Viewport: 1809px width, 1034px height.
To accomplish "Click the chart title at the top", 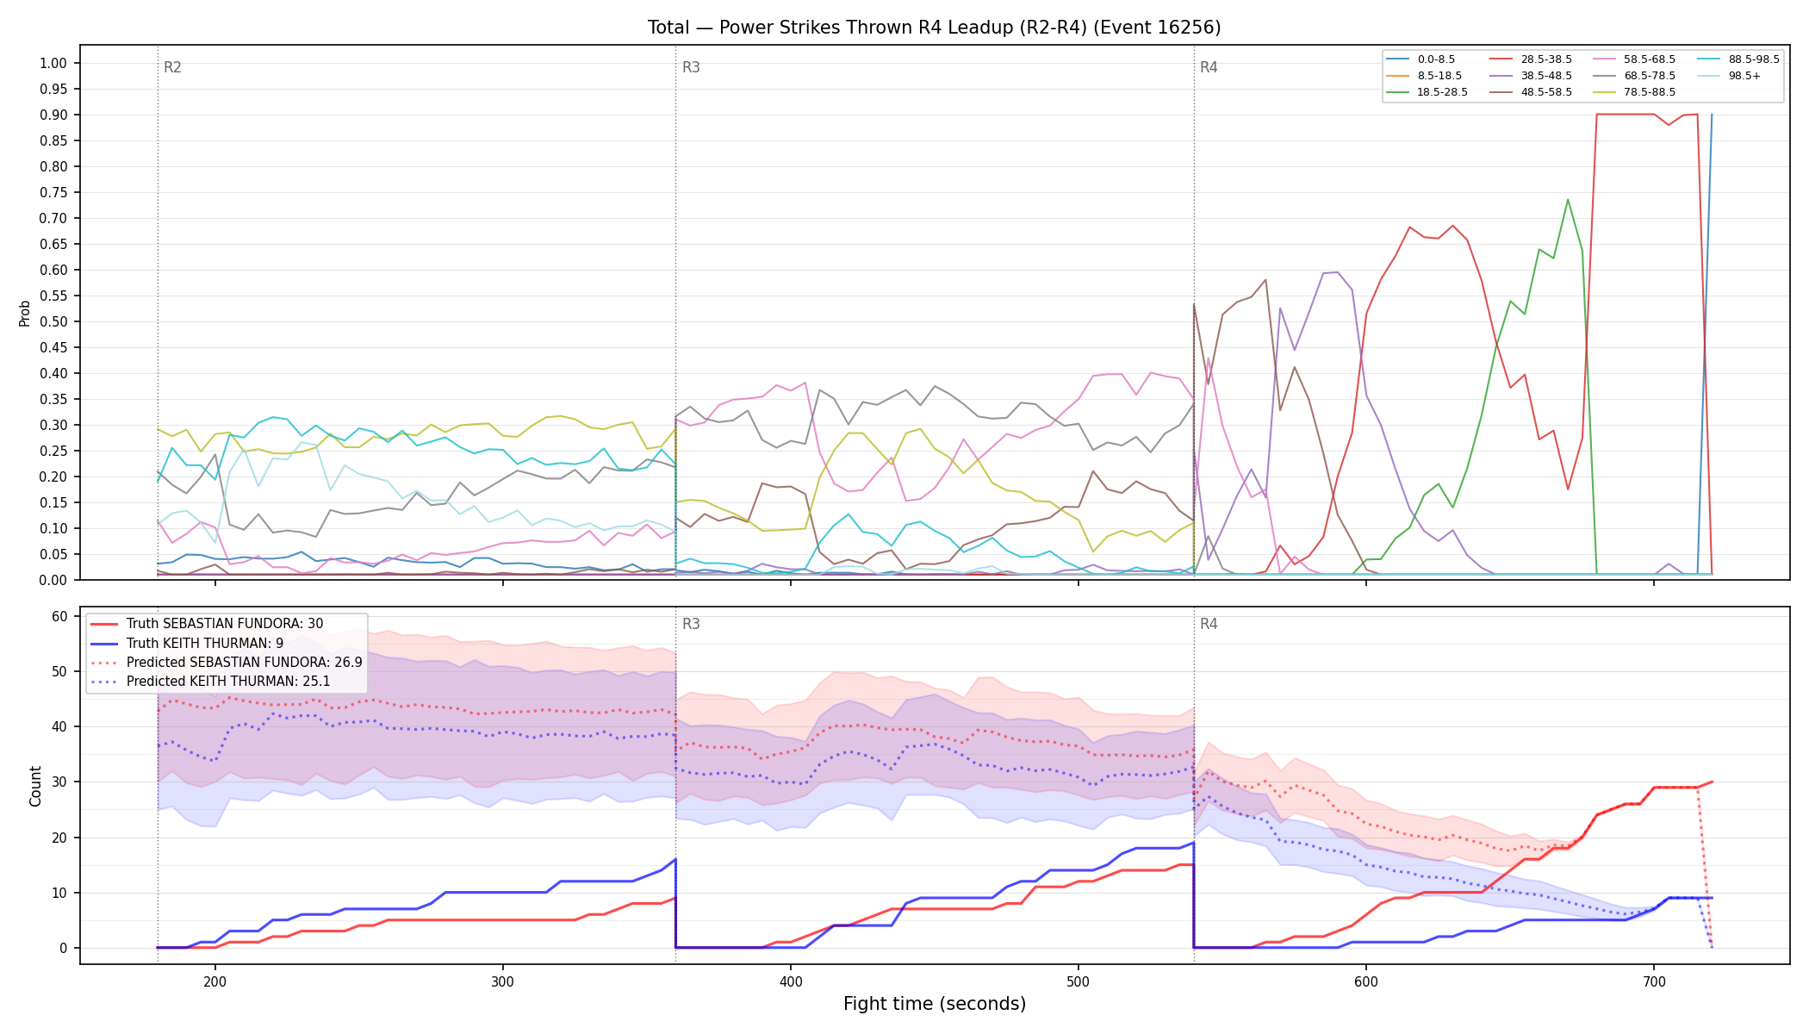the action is point(934,28).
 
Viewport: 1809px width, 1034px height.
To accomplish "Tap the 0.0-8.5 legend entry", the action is point(1420,59).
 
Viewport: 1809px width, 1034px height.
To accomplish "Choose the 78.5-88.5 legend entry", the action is point(1634,92).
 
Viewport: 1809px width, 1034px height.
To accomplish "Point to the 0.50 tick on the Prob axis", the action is point(53,321).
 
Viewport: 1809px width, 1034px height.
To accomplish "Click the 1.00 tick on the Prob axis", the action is point(53,63).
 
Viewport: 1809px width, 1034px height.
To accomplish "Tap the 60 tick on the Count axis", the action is point(59,616).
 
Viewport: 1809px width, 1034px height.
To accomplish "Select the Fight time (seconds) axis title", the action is point(935,1004).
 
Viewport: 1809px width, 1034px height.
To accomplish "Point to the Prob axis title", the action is point(25,313).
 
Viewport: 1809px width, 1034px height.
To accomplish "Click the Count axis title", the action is point(35,786).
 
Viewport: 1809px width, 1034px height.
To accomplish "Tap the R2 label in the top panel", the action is point(172,67).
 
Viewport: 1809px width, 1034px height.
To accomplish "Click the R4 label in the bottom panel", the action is point(1209,624).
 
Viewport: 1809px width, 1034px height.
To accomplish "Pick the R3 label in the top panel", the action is point(691,67).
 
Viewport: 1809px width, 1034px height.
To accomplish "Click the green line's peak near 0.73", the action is point(1568,200).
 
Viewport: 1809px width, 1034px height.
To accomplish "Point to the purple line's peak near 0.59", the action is point(1336,272).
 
